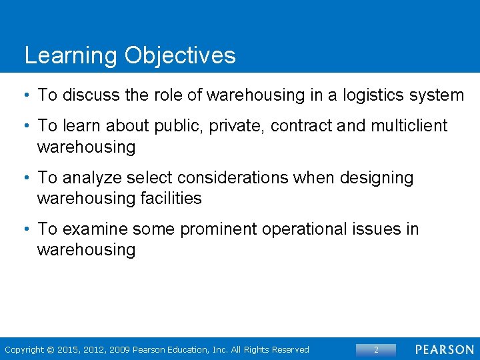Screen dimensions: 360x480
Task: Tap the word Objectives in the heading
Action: pyautogui.click(x=179, y=55)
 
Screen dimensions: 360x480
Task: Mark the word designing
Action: pyautogui.click(x=377, y=178)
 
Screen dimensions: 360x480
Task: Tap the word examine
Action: pyautogui.click(x=95, y=229)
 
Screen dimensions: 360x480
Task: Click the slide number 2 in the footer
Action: pyautogui.click(x=376, y=350)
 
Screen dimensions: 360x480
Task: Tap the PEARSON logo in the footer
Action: pyautogui.click(x=445, y=350)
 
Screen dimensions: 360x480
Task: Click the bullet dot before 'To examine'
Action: pyautogui.click(x=25, y=229)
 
